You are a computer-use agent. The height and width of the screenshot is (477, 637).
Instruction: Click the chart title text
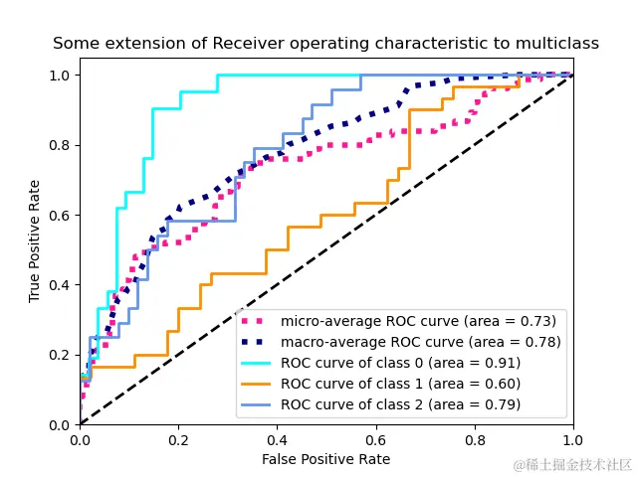click(x=325, y=44)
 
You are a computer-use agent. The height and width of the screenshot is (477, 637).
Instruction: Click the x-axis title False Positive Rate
click(x=325, y=459)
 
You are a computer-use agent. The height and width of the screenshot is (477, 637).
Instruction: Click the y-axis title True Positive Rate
click(x=35, y=241)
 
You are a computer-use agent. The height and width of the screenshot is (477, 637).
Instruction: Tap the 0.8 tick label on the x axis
click(x=474, y=438)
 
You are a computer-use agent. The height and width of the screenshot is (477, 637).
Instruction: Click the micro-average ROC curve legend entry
click(x=418, y=321)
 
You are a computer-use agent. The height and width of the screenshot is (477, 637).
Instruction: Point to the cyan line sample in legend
click(x=257, y=363)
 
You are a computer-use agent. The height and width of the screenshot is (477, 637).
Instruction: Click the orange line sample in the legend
click(x=257, y=384)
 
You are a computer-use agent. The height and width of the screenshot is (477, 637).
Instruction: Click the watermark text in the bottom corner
click(x=572, y=465)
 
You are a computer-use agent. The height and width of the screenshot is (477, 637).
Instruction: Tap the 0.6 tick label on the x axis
click(x=375, y=438)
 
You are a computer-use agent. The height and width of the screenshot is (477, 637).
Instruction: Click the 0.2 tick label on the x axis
click(x=178, y=438)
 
